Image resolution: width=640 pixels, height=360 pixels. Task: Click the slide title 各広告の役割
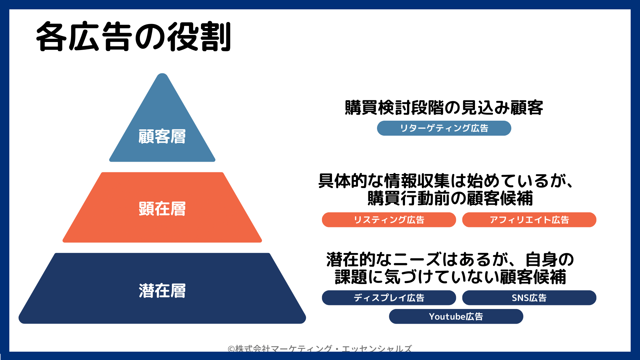[133, 37]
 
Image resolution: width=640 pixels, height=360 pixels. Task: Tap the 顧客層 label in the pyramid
[162, 136]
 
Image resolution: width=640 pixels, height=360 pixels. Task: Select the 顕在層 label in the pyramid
[162, 209]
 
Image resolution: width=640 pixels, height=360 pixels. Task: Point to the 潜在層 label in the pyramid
[162, 290]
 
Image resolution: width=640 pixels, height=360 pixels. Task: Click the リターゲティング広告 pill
[444, 128]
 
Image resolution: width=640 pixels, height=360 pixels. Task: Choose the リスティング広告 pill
[389, 220]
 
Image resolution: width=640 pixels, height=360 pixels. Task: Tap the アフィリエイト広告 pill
[529, 220]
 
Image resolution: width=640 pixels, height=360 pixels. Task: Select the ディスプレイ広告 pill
[389, 298]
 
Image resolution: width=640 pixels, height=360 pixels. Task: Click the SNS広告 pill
[529, 298]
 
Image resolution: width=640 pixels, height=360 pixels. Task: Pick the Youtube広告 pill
[456, 316]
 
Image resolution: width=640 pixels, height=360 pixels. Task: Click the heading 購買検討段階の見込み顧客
[444, 108]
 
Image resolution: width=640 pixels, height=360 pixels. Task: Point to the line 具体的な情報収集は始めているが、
[446, 181]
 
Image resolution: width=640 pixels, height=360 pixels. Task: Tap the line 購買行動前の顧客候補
[450, 198]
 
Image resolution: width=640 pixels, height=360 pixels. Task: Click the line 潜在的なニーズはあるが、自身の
[450, 259]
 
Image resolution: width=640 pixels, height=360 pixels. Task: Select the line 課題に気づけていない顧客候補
[450, 277]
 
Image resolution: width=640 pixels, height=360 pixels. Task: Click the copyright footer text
[320, 348]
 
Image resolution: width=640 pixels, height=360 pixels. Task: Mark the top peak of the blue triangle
[162, 74]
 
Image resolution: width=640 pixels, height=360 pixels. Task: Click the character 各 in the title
[51, 37]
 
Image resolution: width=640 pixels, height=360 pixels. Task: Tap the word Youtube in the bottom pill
[447, 316]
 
